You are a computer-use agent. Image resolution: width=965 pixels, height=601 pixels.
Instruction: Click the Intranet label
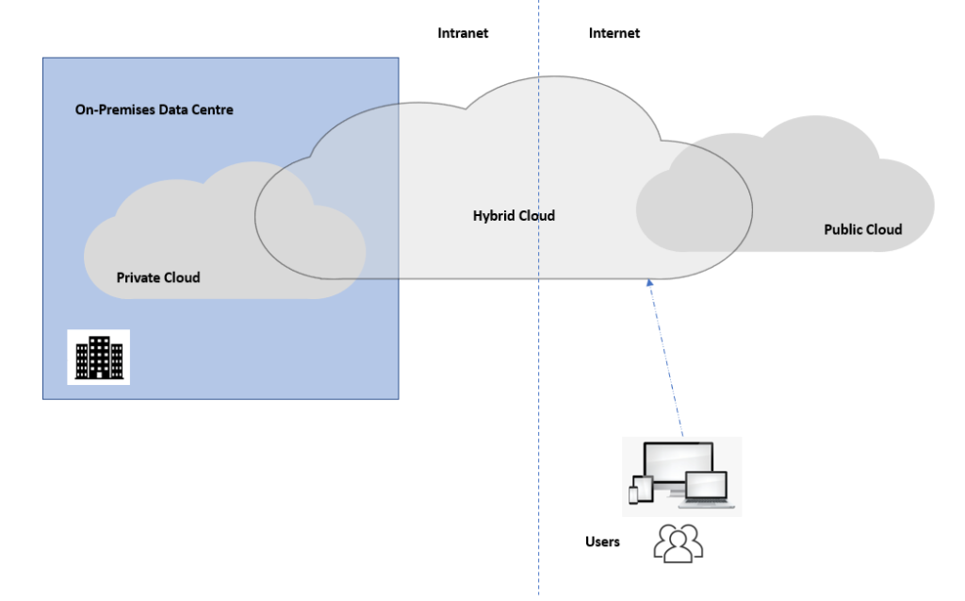tap(463, 33)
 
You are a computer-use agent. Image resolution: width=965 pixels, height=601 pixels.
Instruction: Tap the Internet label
tap(613, 33)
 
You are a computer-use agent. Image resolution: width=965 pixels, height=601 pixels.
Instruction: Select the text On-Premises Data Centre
tap(154, 110)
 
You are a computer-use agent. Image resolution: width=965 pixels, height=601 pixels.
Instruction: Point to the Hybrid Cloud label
tap(514, 216)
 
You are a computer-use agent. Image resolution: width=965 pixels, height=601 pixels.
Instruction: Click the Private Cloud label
tap(158, 277)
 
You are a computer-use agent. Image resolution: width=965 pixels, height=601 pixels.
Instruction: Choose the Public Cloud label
tap(862, 229)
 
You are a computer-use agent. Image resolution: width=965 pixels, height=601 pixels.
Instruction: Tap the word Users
tap(603, 542)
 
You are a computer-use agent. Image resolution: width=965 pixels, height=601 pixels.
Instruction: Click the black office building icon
tap(99, 357)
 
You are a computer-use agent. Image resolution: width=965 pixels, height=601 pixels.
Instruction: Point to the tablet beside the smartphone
tap(646, 490)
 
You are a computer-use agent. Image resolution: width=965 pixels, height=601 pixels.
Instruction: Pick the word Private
tap(138, 277)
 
